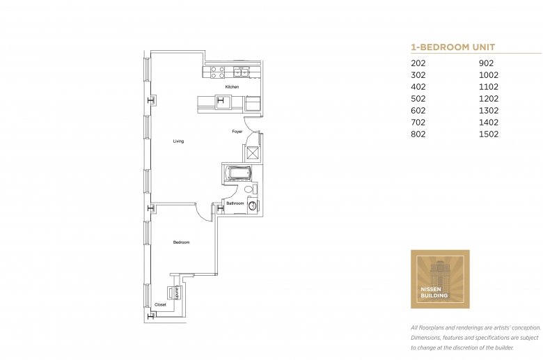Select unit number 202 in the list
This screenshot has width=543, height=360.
418,63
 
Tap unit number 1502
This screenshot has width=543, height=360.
489,134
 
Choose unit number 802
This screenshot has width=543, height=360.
418,134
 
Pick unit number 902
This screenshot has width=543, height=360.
486,63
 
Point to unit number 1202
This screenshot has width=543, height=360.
489,99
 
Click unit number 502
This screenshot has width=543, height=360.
418,99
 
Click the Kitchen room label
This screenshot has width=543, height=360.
232,87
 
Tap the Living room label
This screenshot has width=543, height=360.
178,141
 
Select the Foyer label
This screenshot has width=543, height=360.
237,131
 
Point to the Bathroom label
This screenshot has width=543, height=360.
235,203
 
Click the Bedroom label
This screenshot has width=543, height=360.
181,242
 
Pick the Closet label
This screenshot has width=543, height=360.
160,305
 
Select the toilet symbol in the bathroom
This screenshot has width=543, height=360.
249,189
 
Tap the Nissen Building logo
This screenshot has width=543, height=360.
440,279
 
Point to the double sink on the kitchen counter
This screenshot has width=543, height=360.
242,71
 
